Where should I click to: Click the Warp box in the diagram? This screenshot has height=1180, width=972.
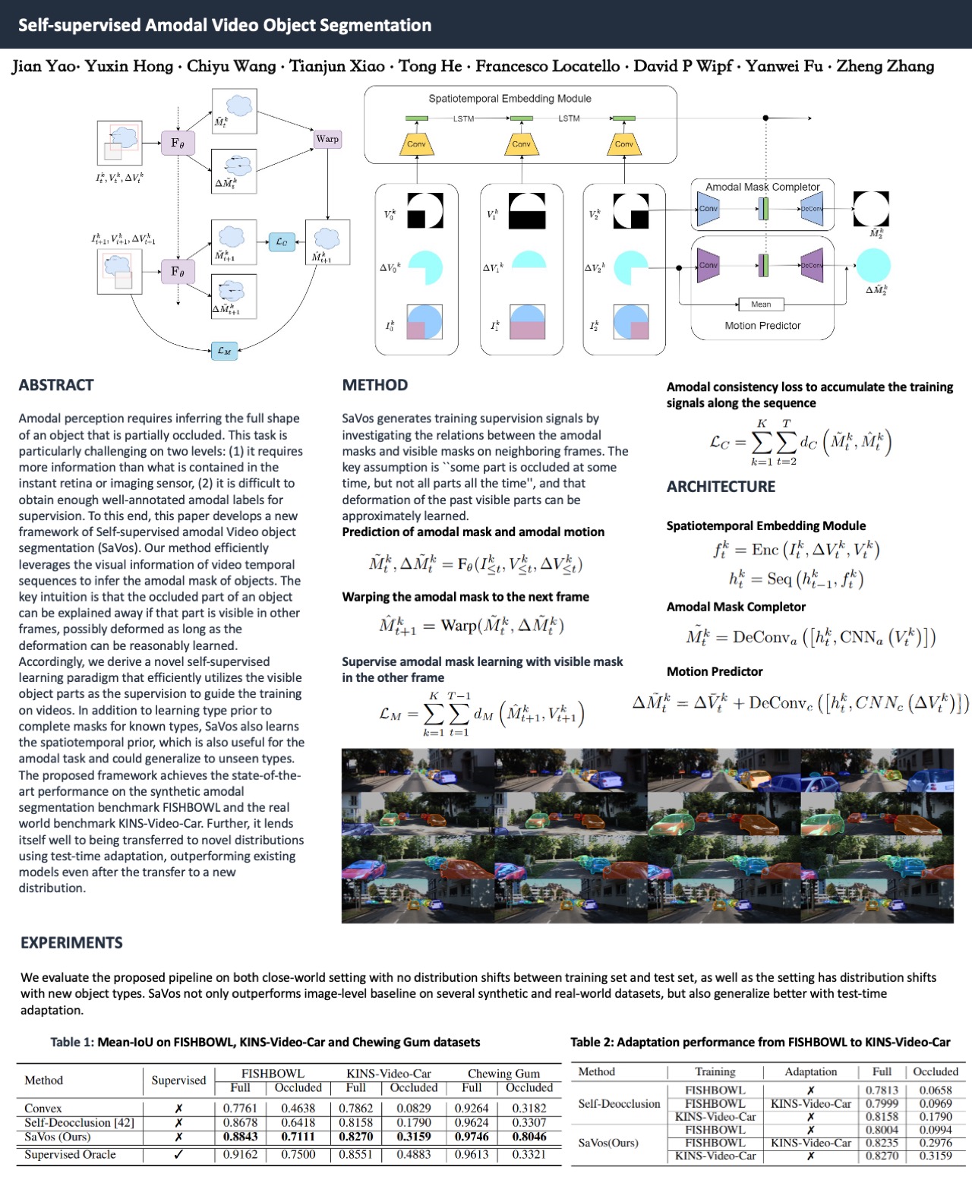(x=327, y=139)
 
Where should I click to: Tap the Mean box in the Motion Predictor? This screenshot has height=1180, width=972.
(x=761, y=304)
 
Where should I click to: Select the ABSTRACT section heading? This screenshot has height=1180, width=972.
(x=56, y=385)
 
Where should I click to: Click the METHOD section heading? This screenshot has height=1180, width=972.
(x=375, y=385)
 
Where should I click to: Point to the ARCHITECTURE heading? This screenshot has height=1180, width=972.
(x=721, y=487)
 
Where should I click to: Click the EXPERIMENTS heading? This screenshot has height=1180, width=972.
(x=71, y=942)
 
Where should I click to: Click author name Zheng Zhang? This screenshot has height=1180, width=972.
(x=885, y=66)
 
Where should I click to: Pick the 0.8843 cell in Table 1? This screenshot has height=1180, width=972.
(x=240, y=1137)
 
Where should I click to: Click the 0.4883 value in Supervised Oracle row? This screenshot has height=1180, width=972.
(x=413, y=1154)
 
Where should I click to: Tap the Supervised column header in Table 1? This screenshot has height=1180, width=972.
(x=178, y=1080)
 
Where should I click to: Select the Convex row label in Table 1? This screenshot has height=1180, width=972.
(x=43, y=1108)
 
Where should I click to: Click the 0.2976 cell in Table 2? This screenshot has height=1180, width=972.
(x=935, y=1142)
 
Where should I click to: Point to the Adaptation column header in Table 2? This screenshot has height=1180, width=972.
(x=810, y=1071)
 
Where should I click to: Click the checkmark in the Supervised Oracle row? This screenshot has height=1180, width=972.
(x=178, y=1154)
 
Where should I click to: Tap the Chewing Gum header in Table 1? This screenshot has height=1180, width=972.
(x=503, y=1073)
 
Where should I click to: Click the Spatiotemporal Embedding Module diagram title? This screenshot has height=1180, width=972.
(x=510, y=99)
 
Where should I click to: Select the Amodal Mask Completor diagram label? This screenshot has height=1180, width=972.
(x=762, y=187)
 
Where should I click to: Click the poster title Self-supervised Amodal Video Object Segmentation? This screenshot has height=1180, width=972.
(x=225, y=25)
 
